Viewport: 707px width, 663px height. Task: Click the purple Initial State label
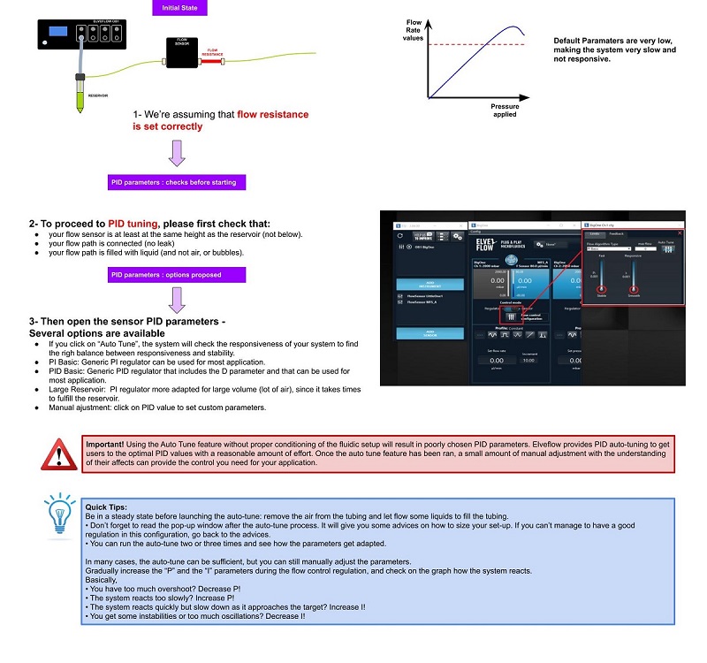tap(179, 8)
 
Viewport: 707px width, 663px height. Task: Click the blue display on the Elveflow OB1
tap(59, 32)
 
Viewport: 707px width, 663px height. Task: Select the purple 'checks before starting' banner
tap(173, 182)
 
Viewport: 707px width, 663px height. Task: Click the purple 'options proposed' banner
tap(173, 275)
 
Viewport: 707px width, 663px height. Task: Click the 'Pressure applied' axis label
tap(505, 110)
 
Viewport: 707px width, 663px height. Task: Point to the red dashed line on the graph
tap(477, 44)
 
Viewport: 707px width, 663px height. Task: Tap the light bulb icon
tap(59, 516)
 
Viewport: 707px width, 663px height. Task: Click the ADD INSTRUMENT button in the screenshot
tap(421, 285)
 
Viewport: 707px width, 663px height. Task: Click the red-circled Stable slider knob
tap(602, 289)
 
